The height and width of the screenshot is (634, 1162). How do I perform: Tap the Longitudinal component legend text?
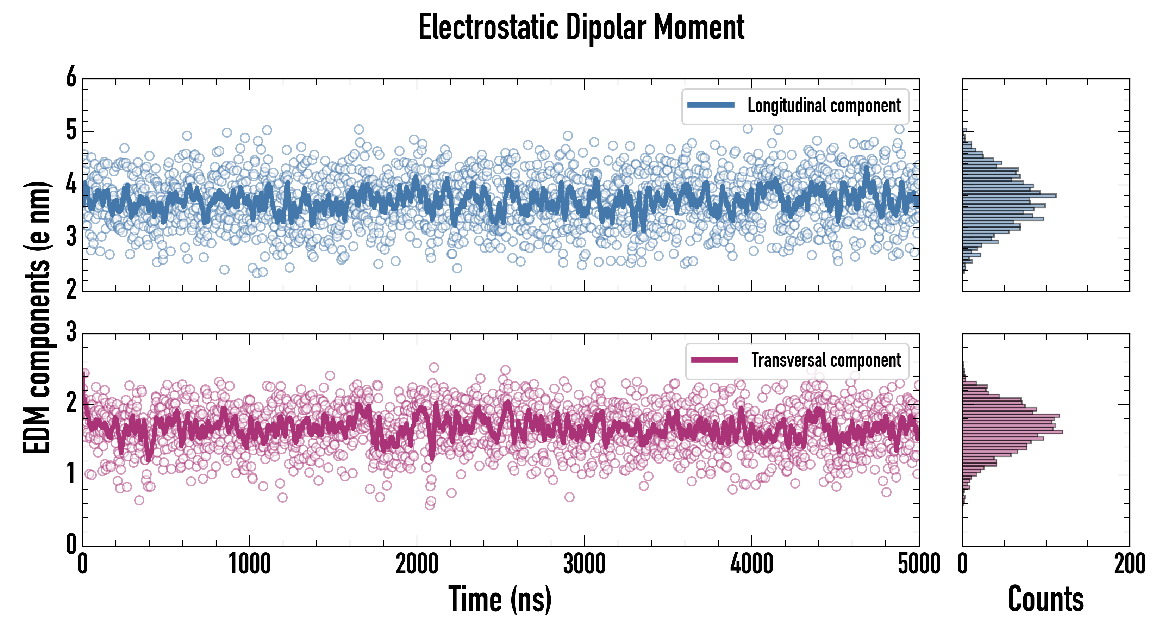coord(824,106)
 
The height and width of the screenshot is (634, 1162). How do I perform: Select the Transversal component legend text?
coord(825,360)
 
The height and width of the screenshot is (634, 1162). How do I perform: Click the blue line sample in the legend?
coord(711,105)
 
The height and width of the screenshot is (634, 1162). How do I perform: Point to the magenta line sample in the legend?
coord(714,360)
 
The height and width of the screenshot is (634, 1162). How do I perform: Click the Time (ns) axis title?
coord(500,599)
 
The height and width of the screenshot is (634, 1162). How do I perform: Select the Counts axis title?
coord(1045,599)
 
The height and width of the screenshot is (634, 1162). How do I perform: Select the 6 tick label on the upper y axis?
coord(71,77)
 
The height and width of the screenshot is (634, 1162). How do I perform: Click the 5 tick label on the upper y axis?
coord(71,131)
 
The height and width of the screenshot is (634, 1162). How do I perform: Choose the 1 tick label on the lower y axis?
coord(71,474)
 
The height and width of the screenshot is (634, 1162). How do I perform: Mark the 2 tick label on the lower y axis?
coord(71,403)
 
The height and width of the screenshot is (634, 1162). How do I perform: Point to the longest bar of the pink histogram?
coord(1012,432)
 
